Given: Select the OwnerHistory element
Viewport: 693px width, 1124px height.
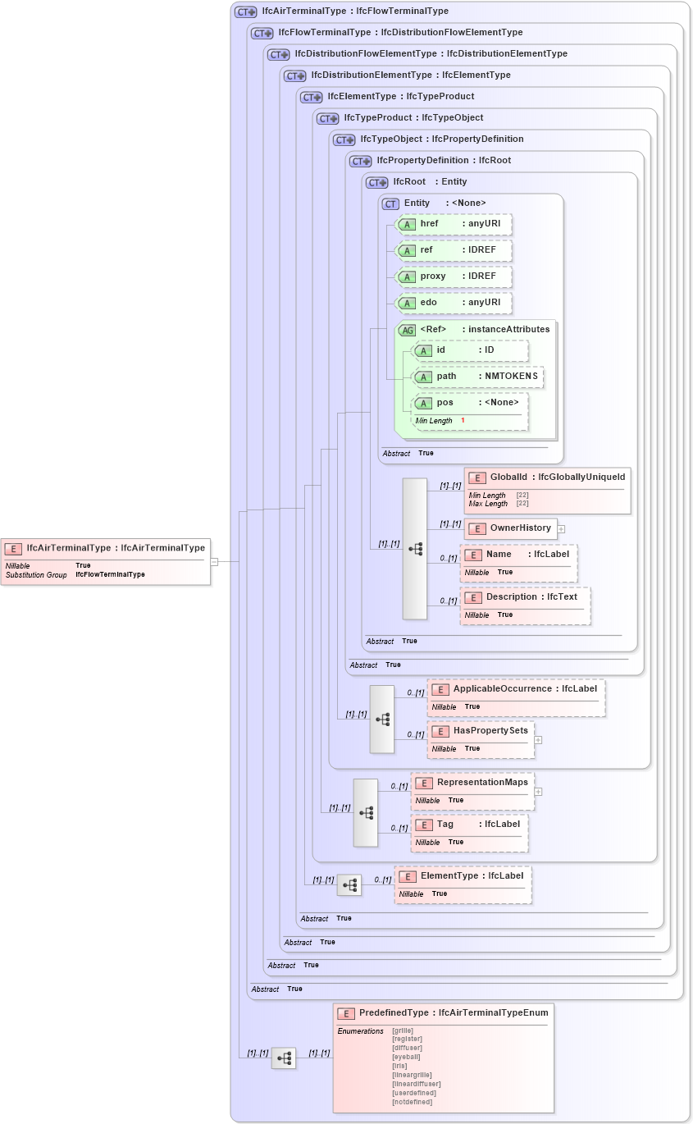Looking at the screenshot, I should tap(510, 528).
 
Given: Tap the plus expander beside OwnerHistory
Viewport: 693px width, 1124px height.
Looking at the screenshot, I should tap(562, 529).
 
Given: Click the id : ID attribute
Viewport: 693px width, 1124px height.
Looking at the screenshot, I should tap(469, 350).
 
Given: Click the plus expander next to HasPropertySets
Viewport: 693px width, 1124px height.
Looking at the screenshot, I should tap(538, 739).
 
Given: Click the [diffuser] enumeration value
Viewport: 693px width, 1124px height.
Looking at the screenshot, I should tap(408, 1048).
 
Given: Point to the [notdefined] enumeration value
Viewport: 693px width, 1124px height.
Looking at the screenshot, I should tap(413, 1102).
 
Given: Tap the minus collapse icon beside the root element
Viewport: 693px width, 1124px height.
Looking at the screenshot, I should tap(214, 562).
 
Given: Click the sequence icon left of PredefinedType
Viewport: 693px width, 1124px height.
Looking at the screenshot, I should tap(284, 1058).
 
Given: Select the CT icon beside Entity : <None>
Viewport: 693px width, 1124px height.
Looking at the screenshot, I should tap(390, 203).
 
